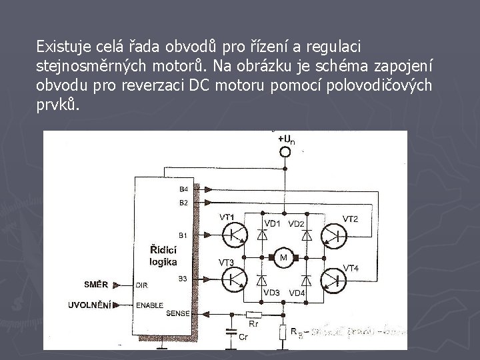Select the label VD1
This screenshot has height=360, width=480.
pyautogui.click(x=272, y=223)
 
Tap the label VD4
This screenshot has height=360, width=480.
pyautogui.click(x=297, y=293)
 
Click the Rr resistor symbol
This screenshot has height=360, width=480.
pyautogui.click(x=253, y=314)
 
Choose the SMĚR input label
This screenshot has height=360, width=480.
pyautogui.click(x=95, y=284)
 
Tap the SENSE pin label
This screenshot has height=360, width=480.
pyautogui.click(x=178, y=313)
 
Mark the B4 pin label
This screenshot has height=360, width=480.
pyautogui.click(x=183, y=189)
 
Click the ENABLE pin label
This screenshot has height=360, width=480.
pyautogui.click(x=149, y=305)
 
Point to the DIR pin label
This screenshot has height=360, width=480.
pyautogui.click(x=141, y=285)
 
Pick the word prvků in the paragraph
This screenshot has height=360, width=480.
pyautogui.click(x=57, y=105)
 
